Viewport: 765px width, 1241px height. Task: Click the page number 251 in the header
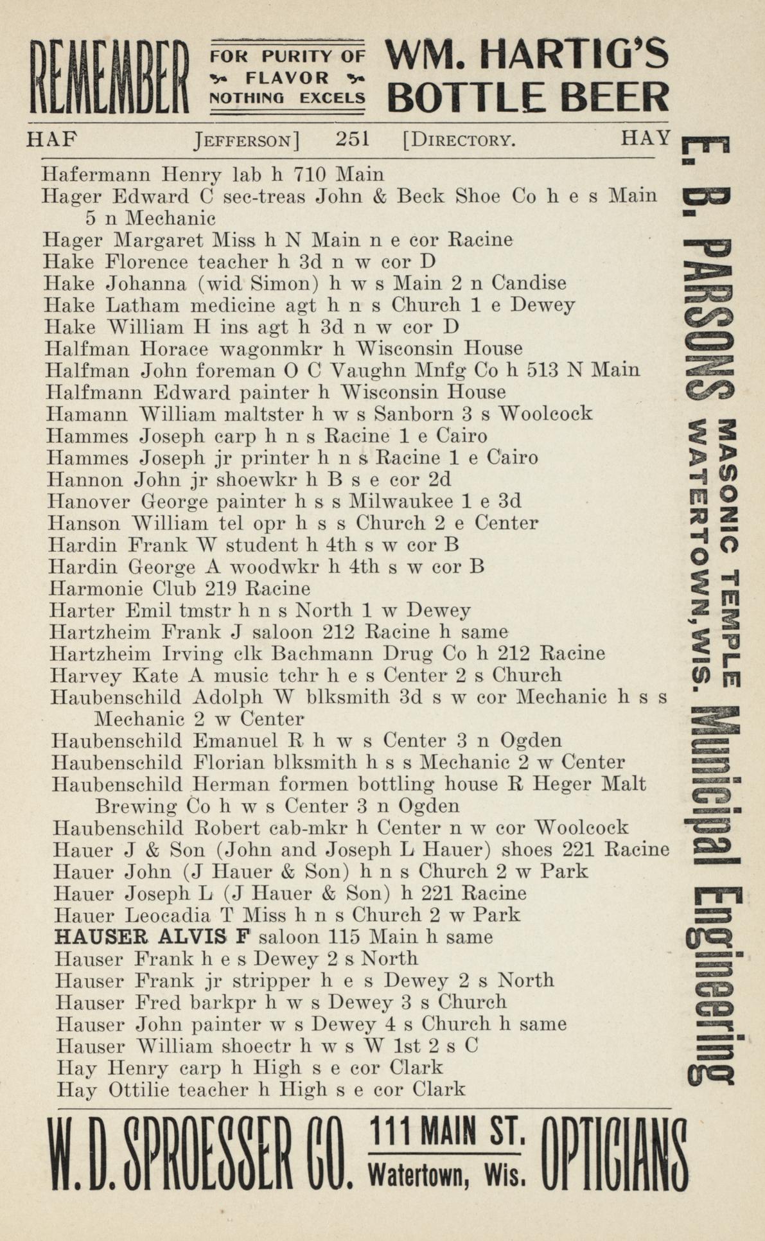pos(352,139)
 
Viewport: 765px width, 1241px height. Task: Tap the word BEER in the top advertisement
pos(615,98)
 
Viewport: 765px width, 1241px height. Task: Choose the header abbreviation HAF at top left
pos(51,139)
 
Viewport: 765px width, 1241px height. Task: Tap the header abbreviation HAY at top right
pos(645,138)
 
